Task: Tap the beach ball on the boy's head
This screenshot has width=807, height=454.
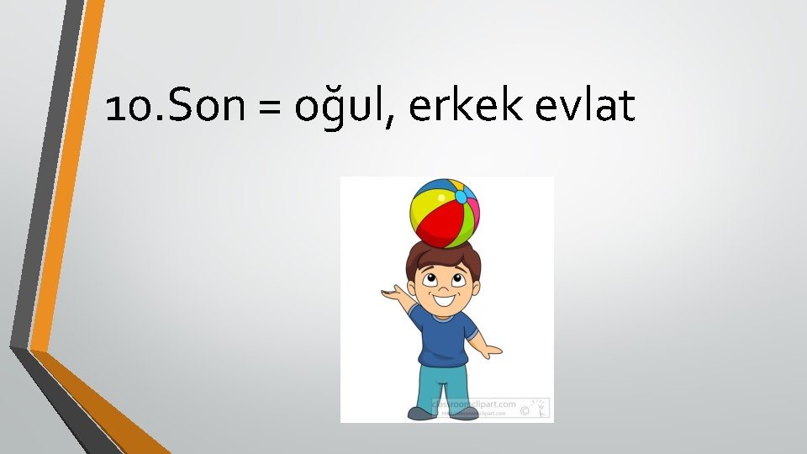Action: [x=446, y=213]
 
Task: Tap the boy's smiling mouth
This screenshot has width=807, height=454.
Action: [x=445, y=298]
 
